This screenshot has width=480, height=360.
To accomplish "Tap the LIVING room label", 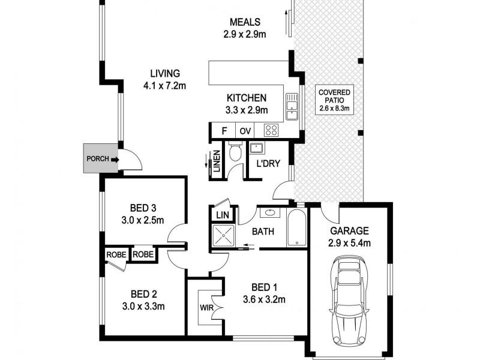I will click(165, 74).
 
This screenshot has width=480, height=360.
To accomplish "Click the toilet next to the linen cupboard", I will click(235, 152).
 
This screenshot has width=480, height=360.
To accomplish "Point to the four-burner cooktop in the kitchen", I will click(271, 130).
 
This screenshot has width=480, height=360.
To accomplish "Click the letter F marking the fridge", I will click(224, 130).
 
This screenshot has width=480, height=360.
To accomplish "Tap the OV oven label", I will click(245, 130).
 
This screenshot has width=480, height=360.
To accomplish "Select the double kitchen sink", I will click(292, 106).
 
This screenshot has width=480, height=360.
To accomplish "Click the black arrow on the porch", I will click(114, 160).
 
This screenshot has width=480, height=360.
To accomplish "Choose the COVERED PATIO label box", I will click(335, 98).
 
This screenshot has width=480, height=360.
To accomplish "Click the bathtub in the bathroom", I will click(297, 228).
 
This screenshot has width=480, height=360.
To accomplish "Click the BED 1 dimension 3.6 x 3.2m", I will click(263, 299).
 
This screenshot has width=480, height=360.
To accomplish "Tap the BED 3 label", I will click(143, 208).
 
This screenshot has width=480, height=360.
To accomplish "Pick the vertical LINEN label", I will click(217, 161).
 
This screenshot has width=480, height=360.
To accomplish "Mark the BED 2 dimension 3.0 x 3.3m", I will click(143, 305).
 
